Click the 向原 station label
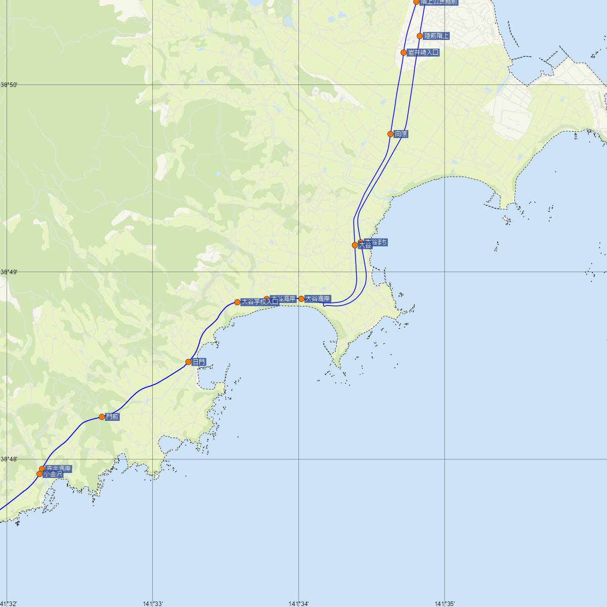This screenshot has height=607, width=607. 401,134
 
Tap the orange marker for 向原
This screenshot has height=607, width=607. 391,134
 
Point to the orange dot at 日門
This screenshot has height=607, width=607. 188,362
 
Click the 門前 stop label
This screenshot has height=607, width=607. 112,417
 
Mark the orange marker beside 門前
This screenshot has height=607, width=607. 102,417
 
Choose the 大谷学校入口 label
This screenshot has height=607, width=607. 259,302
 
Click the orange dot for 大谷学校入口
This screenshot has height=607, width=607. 237,302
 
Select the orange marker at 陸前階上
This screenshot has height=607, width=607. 420,36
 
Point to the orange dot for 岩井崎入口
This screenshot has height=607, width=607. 404,53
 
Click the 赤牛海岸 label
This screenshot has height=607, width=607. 58,468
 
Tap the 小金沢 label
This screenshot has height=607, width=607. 53,474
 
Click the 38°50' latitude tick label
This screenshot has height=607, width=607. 9,84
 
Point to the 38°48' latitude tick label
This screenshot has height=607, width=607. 9,459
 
